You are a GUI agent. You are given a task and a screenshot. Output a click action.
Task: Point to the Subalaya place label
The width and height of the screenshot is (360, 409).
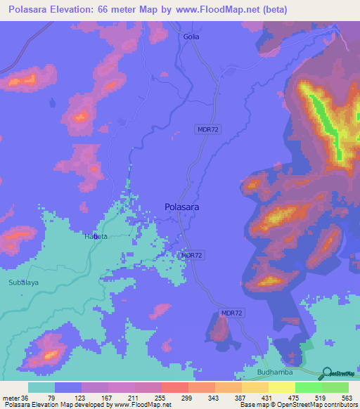pyautogui.click(x=24, y=283)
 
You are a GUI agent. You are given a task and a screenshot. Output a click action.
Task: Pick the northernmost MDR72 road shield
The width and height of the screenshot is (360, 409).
pyautogui.click(x=206, y=129)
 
